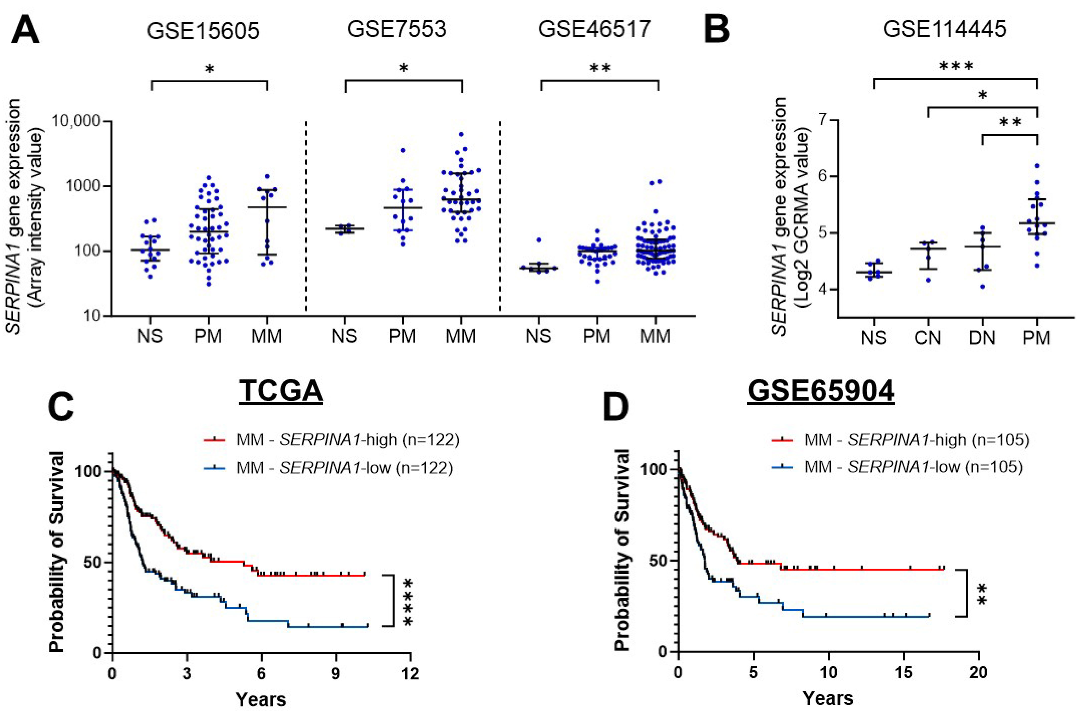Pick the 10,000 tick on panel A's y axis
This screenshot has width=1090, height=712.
click(76, 121)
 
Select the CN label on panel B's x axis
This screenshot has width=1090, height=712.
click(928, 338)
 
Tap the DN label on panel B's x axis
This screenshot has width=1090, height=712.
click(982, 338)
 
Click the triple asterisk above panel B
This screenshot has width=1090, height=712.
click(956, 67)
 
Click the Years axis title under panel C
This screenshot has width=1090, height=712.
click(261, 699)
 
